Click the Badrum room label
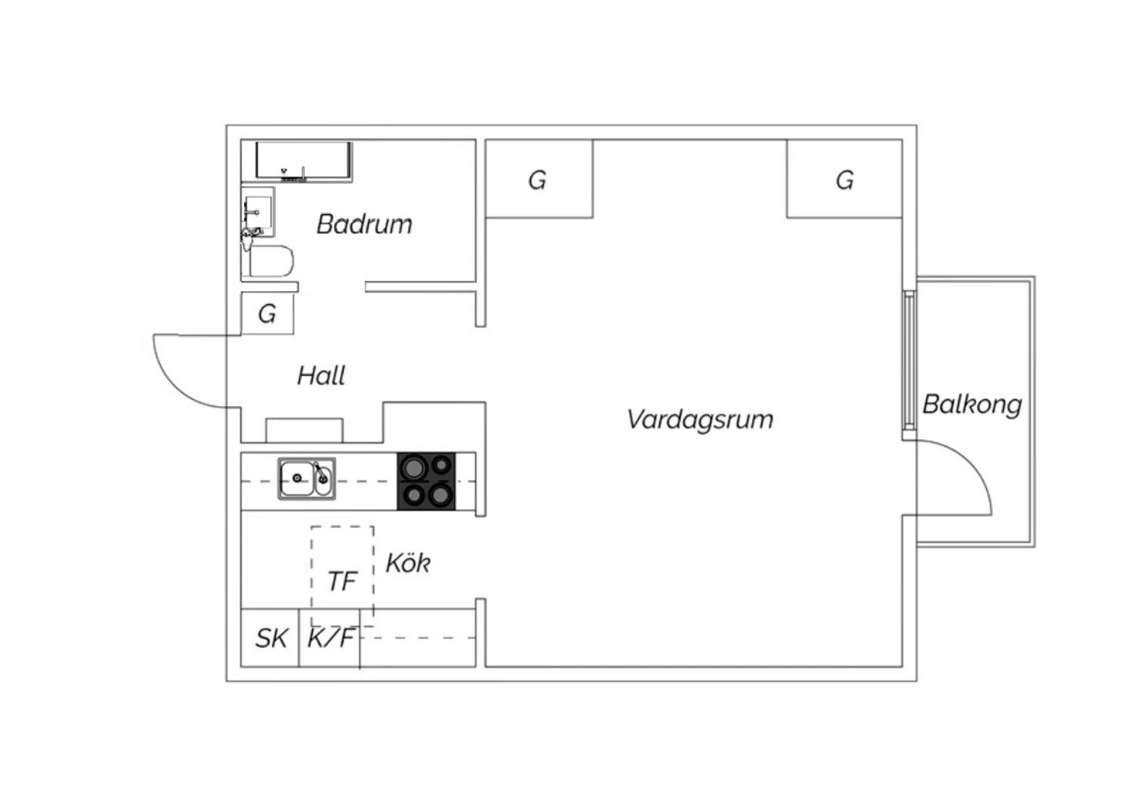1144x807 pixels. click(x=364, y=224)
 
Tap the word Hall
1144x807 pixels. click(x=321, y=376)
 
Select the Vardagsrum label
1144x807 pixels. click(x=699, y=421)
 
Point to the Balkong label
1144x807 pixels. click(x=972, y=405)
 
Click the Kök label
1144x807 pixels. click(x=408, y=563)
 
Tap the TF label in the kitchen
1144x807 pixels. click(x=342, y=581)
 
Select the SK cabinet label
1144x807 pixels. click(x=272, y=638)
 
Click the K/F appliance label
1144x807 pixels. click(x=330, y=638)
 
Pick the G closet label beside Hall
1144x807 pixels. click(x=267, y=314)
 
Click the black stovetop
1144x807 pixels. click(x=426, y=482)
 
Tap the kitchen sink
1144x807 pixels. click(x=307, y=479)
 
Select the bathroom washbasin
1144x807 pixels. click(x=258, y=212)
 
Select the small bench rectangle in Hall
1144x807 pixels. click(x=304, y=431)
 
